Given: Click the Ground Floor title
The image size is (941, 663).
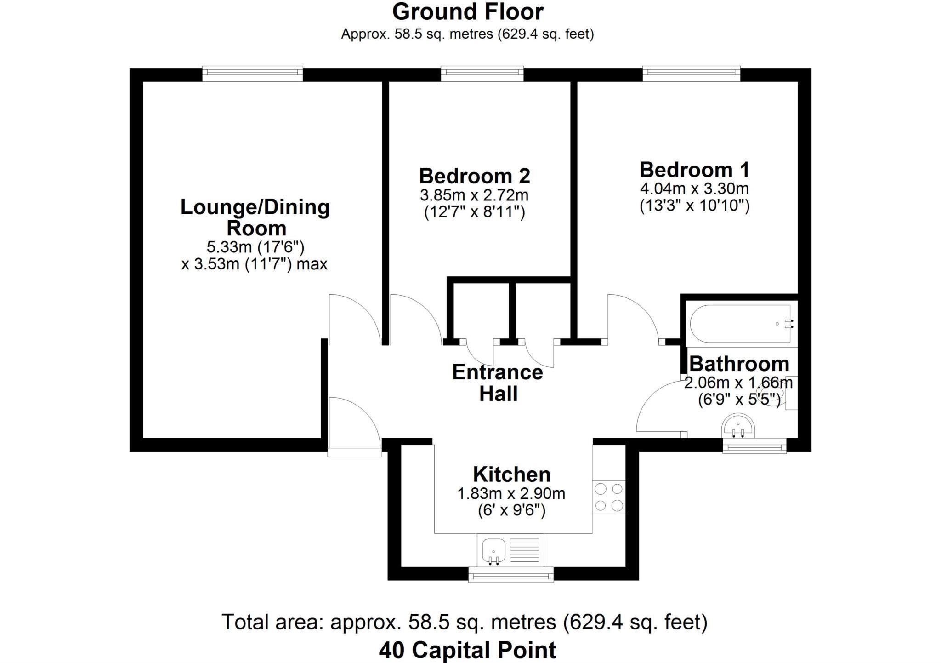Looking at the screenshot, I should pyautogui.click(x=467, y=12).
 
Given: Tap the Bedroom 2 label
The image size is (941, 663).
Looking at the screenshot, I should pyautogui.click(x=474, y=176).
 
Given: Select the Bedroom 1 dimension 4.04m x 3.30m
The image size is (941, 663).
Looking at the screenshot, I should pyautogui.click(x=694, y=189).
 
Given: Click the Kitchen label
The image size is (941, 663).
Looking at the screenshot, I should pyautogui.click(x=511, y=474).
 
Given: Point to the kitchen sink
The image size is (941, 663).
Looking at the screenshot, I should pyautogui.click(x=493, y=550).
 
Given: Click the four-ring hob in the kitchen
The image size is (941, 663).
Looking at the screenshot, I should pyautogui.click(x=609, y=497).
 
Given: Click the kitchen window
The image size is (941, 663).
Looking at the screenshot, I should pyautogui.click(x=510, y=575).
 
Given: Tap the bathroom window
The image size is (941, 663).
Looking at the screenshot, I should pyautogui.click(x=754, y=446).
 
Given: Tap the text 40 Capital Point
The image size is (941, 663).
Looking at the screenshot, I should pyautogui.click(x=467, y=650).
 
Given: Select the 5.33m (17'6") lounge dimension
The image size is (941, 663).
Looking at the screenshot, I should pyautogui.click(x=255, y=247).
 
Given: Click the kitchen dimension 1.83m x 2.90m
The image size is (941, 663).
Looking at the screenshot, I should pyautogui.click(x=511, y=494).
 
